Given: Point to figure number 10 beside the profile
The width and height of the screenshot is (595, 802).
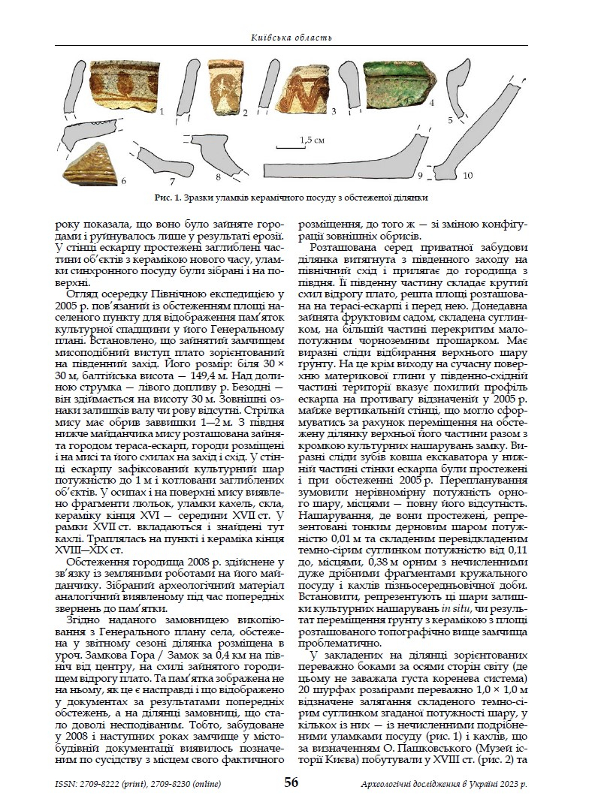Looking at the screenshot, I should point(468,175).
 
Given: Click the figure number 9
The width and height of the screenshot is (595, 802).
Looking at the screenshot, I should point(421,175).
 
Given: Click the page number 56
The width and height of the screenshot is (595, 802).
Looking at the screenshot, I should point(291,782).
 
